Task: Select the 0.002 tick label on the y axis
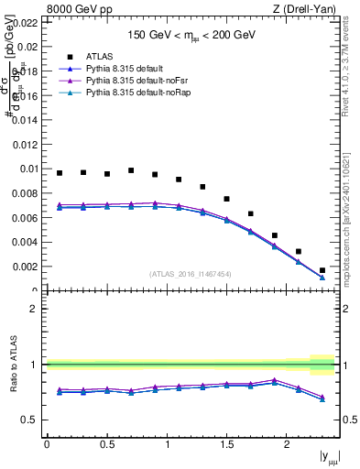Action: click(26, 267)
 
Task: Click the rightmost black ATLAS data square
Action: click(322, 270)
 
